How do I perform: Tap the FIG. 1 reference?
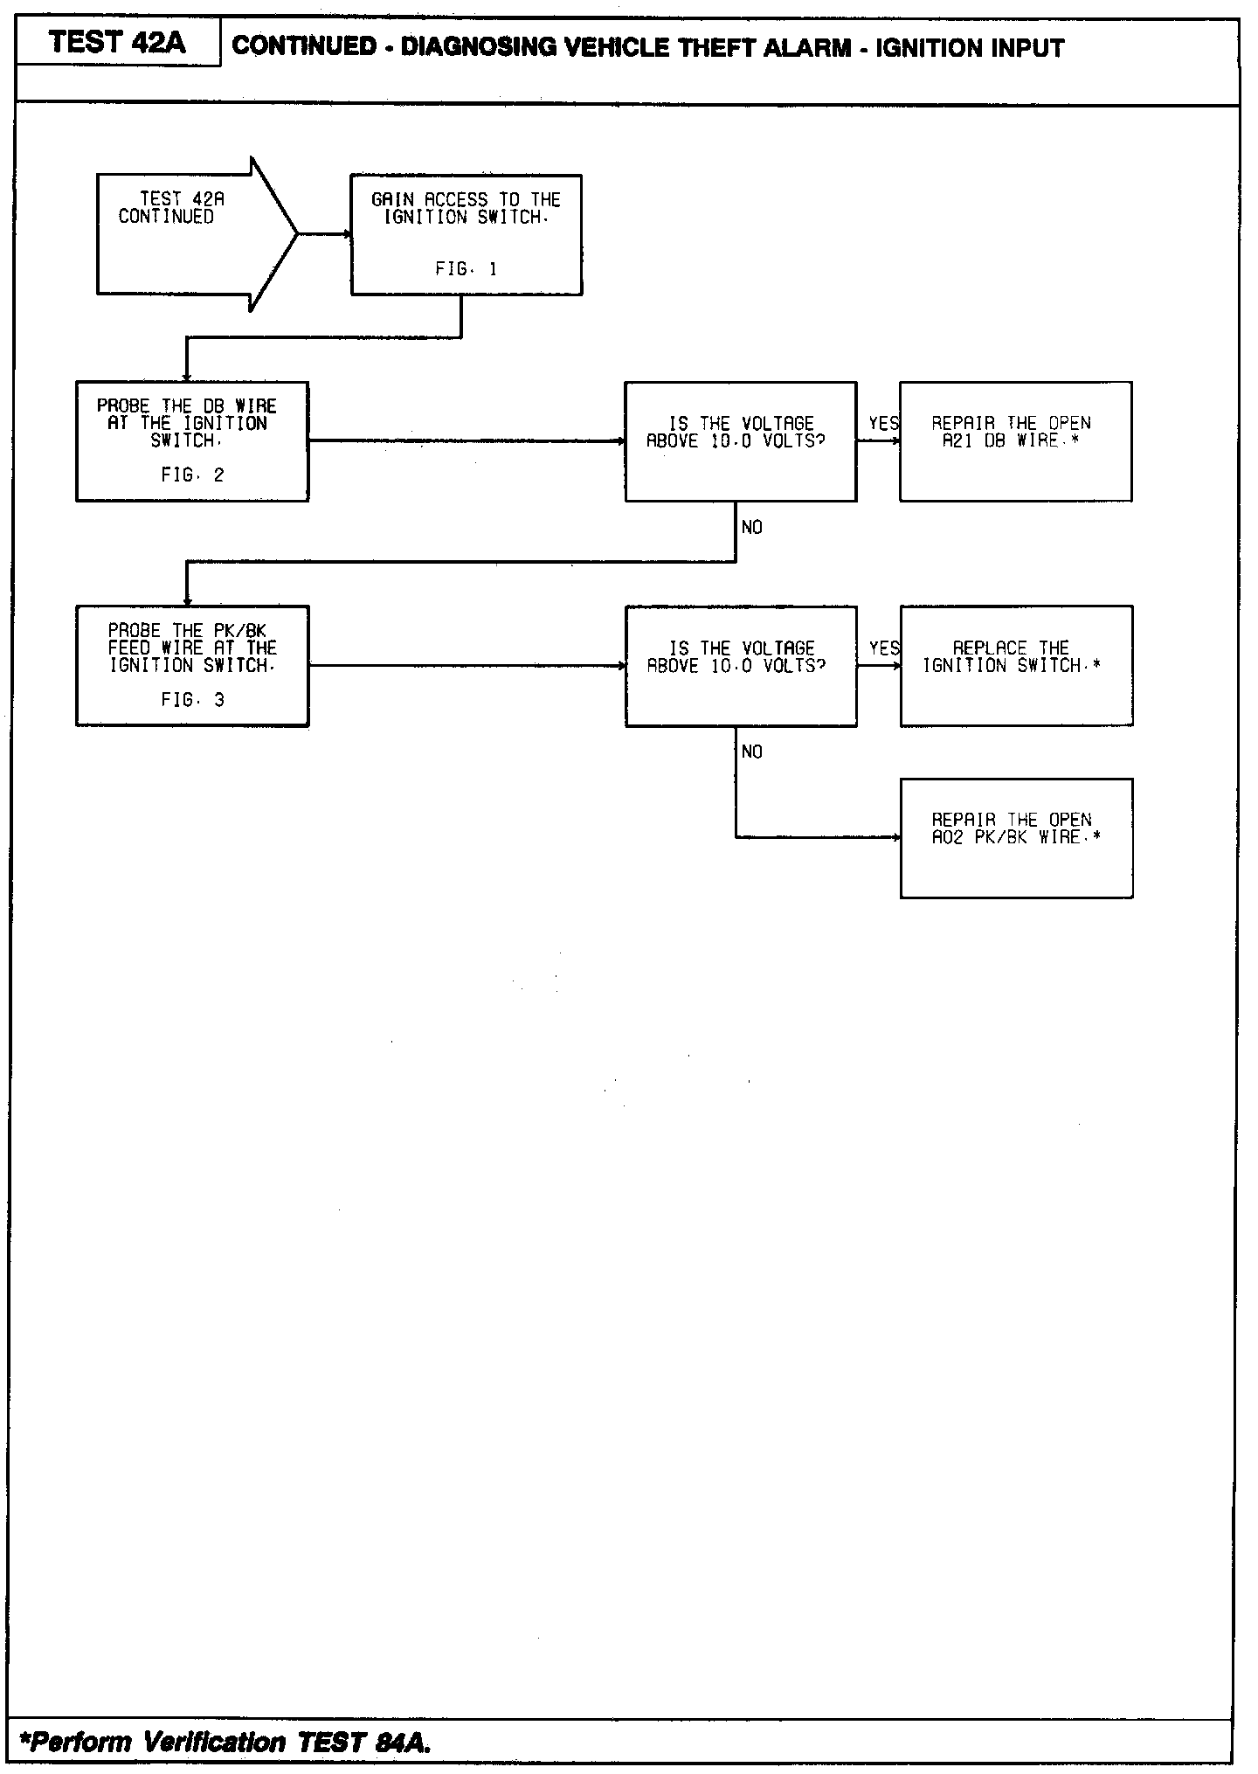pyautogui.click(x=466, y=269)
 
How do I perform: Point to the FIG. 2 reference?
pyautogui.click(x=192, y=475)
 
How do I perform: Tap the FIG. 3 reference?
pyautogui.click(x=192, y=700)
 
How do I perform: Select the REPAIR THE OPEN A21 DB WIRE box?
pyautogui.click(x=1015, y=441)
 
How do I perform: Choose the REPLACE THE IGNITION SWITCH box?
pyautogui.click(x=1016, y=665)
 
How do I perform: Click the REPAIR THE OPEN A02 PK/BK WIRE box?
pyautogui.click(x=1016, y=837)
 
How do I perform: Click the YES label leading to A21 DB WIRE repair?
pyautogui.click(x=883, y=424)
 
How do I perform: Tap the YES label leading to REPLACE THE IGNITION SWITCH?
pyautogui.click(x=883, y=648)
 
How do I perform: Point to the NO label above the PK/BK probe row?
pyautogui.click(x=751, y=527)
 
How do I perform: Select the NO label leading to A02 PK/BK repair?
pyautogui.click(x=751, y=752)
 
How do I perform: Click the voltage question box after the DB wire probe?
pyautogui.click(x=740, y=441)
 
